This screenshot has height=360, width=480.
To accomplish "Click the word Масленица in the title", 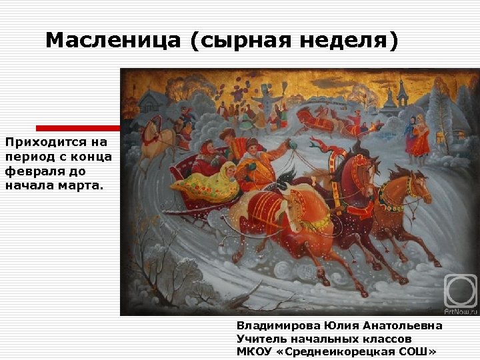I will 113,41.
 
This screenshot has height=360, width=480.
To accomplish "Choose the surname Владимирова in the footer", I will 279,325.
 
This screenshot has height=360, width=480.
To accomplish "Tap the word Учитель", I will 261,339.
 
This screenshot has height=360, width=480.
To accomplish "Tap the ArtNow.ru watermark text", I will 461,310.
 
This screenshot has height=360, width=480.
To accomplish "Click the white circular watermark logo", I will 461,289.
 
